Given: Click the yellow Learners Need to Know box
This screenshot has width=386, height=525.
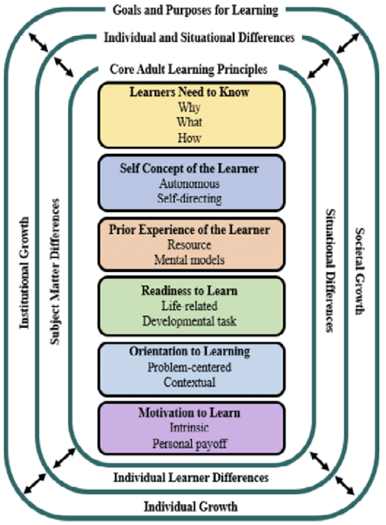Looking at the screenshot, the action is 191,115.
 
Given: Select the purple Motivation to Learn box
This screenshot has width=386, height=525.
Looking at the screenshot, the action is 191,429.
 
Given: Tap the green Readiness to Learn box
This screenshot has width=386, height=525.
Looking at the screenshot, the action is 191,306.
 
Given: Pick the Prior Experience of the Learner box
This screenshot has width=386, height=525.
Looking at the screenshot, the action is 191,245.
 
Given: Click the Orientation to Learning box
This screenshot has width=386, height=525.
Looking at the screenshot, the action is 191,369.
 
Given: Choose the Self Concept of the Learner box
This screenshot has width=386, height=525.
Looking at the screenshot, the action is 191,183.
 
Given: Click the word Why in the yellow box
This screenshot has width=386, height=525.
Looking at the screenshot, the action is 189,107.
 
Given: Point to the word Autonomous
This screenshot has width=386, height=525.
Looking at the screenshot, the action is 189,183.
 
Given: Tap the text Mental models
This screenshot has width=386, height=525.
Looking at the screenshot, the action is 189,260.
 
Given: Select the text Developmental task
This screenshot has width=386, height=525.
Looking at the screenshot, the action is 189,321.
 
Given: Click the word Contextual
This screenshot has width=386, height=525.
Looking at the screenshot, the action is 189,382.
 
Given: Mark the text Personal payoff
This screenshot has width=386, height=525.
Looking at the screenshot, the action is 190,444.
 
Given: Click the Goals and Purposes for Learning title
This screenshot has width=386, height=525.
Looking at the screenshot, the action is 195,10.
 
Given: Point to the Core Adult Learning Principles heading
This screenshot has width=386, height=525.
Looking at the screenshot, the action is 189,70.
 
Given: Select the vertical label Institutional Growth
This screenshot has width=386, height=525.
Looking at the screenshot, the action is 24,273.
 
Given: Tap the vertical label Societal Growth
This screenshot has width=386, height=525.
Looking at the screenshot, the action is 360,271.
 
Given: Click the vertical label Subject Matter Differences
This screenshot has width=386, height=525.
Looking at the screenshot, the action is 55,271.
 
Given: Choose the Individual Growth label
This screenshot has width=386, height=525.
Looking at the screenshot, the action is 191,506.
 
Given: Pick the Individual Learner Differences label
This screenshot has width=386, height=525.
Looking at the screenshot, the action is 191,477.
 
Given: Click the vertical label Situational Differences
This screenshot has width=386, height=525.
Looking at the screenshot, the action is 330,271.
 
